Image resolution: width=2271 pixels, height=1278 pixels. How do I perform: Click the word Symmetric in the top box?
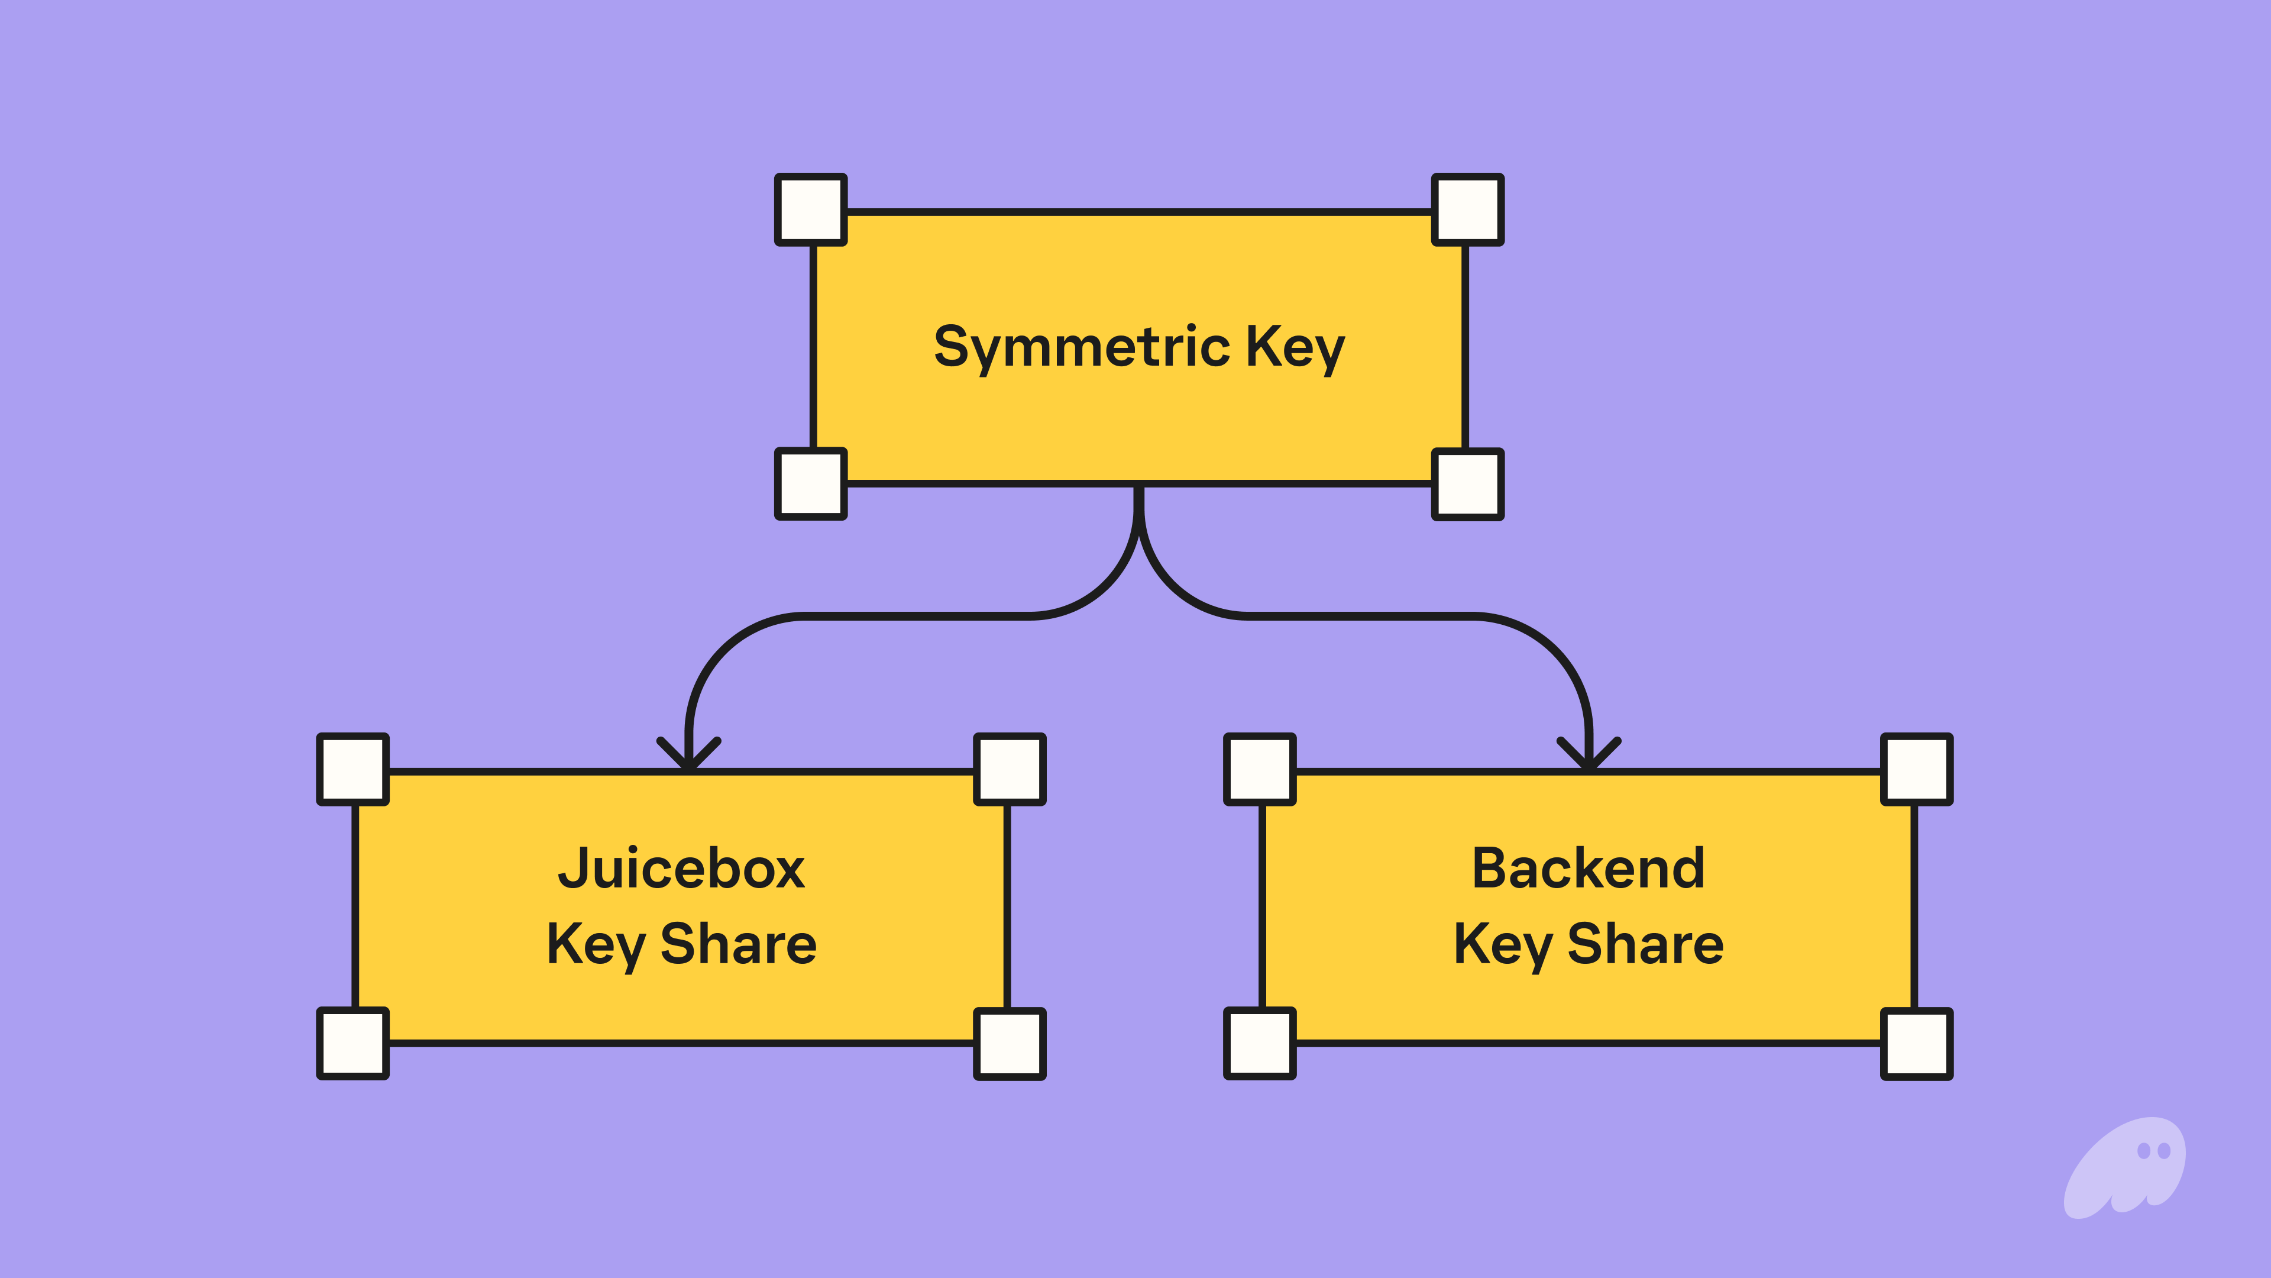click(1081, 347)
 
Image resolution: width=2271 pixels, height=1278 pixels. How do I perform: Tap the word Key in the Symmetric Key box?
click(1294, 347)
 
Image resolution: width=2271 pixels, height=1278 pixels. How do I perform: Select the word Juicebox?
click(681, 869)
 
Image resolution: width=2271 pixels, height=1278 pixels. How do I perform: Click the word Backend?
click(1588, 869)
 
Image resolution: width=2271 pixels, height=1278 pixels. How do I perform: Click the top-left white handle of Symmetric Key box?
click(810, 209)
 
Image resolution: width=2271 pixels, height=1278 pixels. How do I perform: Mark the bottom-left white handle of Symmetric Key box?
click(810, 483)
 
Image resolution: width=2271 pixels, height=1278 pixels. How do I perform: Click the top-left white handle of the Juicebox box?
click(352, 769)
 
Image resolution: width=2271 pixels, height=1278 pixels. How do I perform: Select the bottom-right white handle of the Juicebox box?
click(1010, 1043)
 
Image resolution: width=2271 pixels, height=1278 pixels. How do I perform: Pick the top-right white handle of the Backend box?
click(1917, 769)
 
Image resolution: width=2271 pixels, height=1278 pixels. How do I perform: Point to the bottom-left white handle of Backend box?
click(1260, 1043)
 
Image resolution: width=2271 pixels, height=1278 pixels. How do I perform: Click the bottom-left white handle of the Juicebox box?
click(352, 1043)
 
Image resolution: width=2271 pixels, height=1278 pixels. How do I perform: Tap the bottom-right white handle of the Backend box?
click(1917, 1043)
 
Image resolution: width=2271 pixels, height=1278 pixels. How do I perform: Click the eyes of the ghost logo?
click(2154, 1151)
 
